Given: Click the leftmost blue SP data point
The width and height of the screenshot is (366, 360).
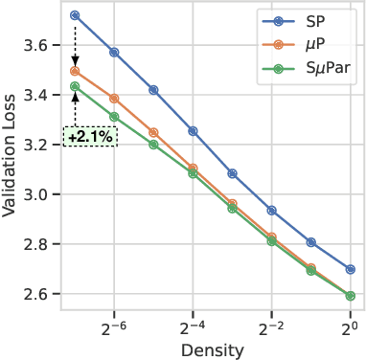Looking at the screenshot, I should pos(75,15).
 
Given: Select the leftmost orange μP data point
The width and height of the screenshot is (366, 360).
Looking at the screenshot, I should pos(75,71).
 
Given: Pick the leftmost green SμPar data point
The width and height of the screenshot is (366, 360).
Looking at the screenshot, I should pos(75,87).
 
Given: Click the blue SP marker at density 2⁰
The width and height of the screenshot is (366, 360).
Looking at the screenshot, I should pos(351,269).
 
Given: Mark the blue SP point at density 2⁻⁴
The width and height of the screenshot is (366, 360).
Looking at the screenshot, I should pos(193,130).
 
